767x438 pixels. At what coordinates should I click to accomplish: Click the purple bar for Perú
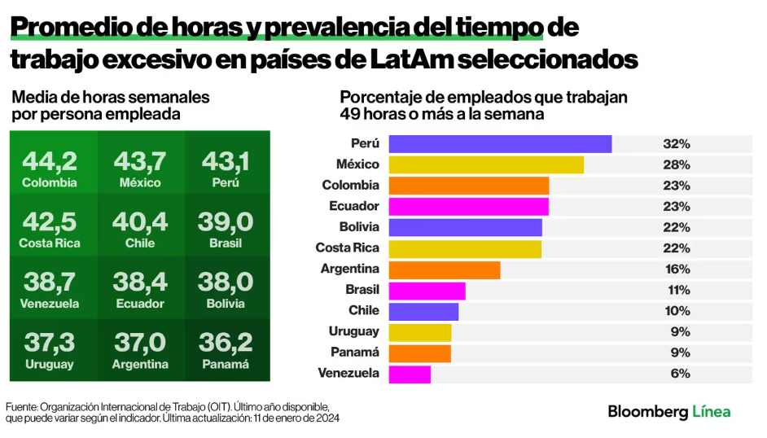(x=500, y=144)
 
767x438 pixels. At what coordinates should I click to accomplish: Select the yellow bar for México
(x=486, y=164)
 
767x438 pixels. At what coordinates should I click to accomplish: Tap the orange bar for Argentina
(x=445, y=269)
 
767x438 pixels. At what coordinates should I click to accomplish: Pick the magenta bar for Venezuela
(x=410, y=374)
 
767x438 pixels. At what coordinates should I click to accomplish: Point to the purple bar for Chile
(x=423, y=311)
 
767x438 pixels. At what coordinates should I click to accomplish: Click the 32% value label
(x=677, y=144)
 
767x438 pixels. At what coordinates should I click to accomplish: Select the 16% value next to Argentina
(x=677, y=269)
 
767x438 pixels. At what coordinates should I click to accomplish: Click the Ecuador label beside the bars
(x=354, y=207)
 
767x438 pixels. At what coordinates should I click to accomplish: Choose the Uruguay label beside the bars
(x=353, y=332)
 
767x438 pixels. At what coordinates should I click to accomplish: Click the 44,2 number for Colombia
(x=50, y=160)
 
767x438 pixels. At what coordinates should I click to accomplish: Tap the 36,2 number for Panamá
(x=226, y=344)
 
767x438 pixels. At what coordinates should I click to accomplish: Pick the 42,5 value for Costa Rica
(x=50, y=222)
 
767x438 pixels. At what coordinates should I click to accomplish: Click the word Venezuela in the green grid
(x=50, y=304)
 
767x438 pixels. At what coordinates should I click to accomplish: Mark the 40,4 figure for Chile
(x=140, y=222)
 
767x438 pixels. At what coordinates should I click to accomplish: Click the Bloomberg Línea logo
(x=669, y=412)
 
